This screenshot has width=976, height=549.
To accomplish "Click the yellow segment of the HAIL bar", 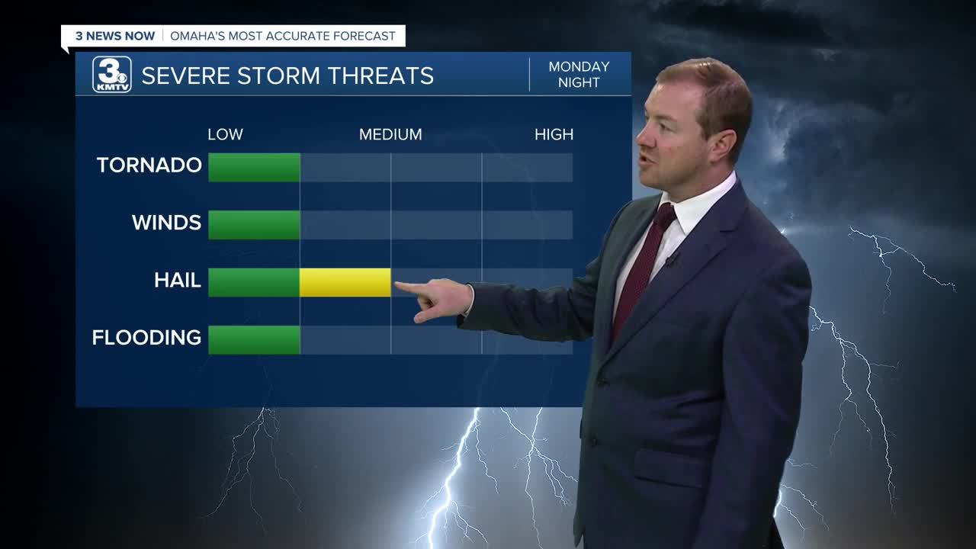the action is tap(345, 282).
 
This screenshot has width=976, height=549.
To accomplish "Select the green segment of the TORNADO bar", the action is tap(254, 167).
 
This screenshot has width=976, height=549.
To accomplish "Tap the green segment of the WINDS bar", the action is tap(254, 225).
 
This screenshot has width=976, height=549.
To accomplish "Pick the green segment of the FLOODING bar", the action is tap(254, 340).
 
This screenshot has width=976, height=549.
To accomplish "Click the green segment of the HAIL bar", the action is tap(254, 282).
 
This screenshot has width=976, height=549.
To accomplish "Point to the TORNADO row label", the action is tap(149, 165).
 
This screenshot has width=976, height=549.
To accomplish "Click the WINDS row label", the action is tap(166, 223).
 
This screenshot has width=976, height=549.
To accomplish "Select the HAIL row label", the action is tap(178, 280).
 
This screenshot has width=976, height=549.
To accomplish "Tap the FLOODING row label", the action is tap(146, 338).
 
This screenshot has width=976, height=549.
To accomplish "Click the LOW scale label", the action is tap(225, 135).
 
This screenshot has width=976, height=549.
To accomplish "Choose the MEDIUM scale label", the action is tap(390, 135).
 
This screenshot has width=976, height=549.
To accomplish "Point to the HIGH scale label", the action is tap(554, 135).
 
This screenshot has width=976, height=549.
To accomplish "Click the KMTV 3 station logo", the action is tap(112, 75).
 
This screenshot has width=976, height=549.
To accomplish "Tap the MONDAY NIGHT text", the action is tap(579, 75).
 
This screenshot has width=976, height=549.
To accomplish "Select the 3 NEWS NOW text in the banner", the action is tap(115, 36).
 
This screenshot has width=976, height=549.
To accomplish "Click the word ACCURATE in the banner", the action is tap(298, 36).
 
